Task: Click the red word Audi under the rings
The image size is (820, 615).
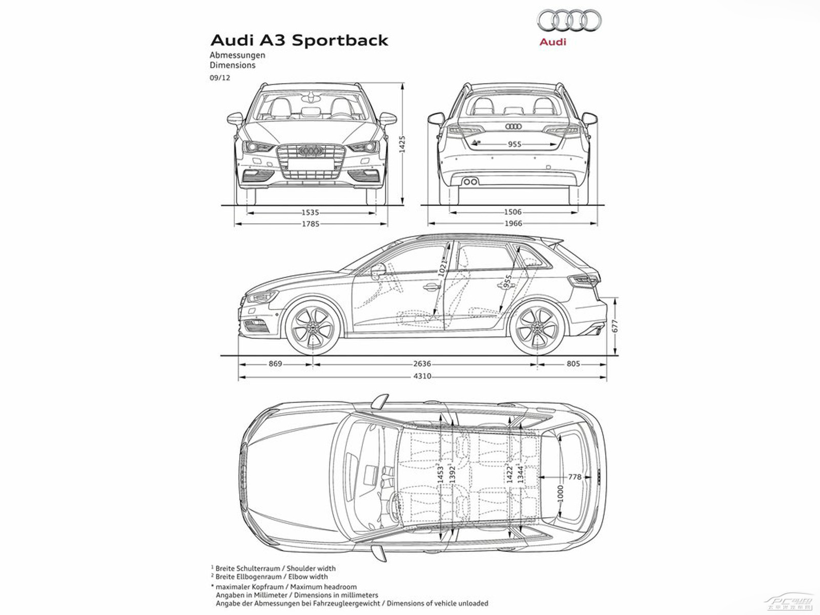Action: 552,42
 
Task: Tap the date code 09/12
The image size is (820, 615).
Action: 220,78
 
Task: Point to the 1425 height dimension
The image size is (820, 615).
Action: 402,145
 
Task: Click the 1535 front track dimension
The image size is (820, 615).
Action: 310,212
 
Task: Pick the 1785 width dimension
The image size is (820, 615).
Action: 310,224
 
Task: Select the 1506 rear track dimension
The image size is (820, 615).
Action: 512,212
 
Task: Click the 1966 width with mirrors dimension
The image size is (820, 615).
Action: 513,223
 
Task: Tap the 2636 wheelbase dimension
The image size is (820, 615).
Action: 422,364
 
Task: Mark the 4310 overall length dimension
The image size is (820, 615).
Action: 422,376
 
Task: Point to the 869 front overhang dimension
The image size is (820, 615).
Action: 275,364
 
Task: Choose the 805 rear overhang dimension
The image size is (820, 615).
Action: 573,364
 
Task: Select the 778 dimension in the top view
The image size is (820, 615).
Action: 575,477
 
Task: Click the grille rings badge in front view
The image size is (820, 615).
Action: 310,151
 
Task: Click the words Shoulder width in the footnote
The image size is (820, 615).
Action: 311,568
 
